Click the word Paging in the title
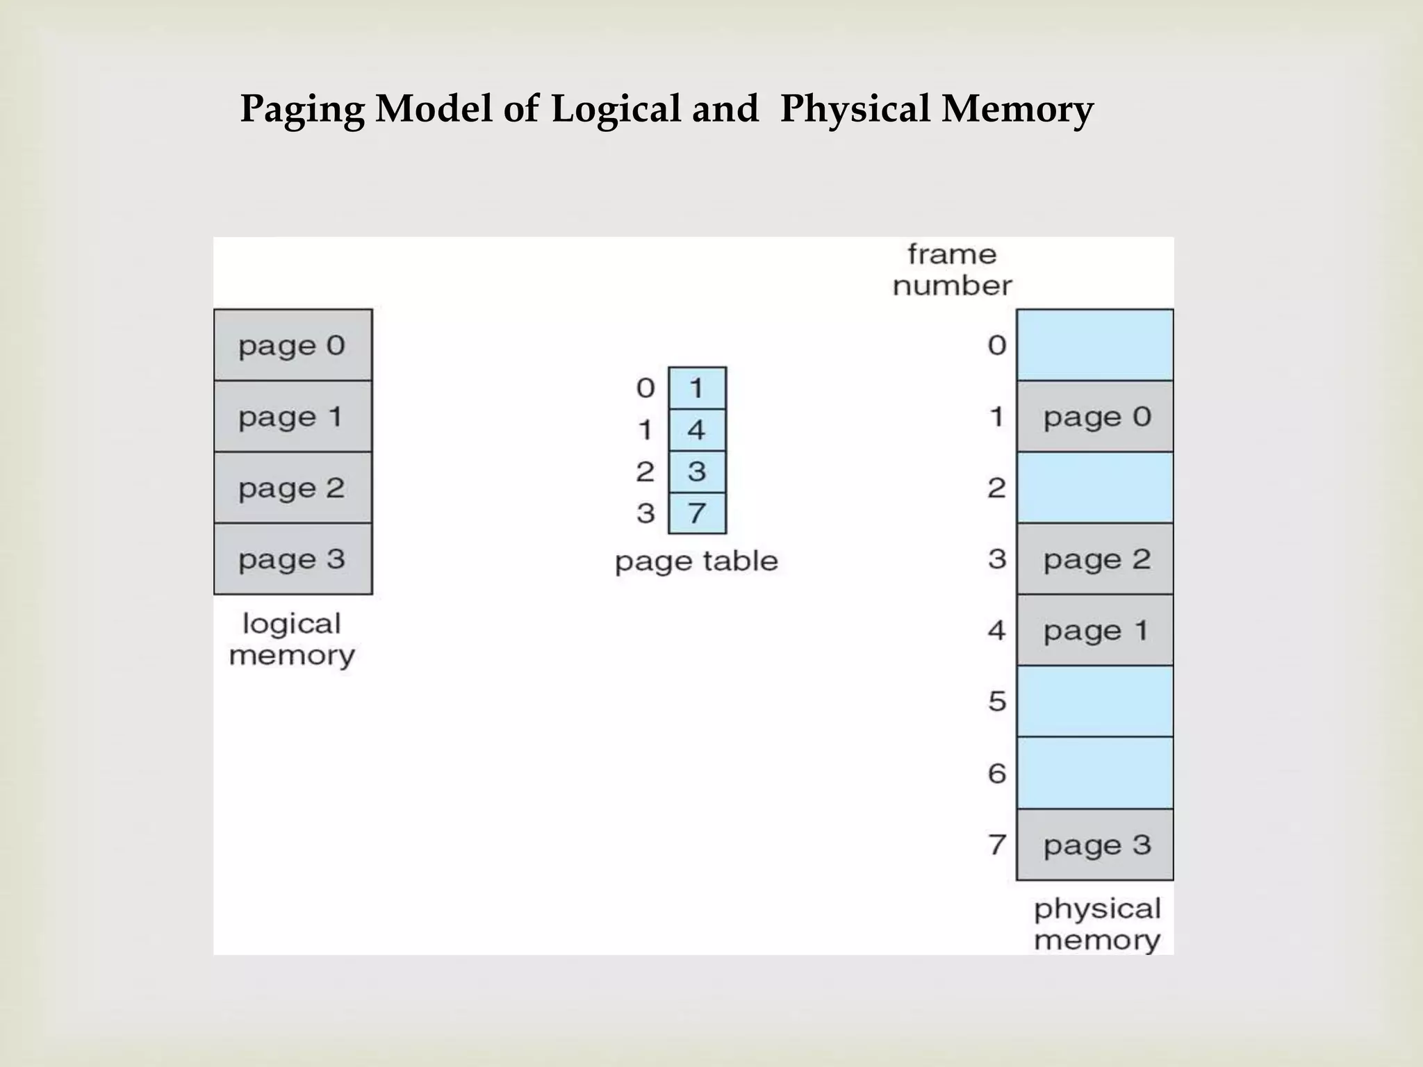(302, 110)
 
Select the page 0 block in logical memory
(293, 345)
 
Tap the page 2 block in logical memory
(293, 488)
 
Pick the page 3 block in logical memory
(293, 559)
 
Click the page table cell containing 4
(697, 430)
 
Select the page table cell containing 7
(697, 513)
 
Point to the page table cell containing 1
(697, 388)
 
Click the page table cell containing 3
(697, 472)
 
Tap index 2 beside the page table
(645, 472)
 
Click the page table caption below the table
(696, 561)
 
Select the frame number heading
(952, 270)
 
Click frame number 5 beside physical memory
(997, 702)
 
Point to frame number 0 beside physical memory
(997, 345)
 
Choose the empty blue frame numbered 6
(1095, 773)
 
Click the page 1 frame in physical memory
(1095, 631)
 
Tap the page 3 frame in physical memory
(1095, 845)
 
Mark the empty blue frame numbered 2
(1095, 488)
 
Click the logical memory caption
(292, 640)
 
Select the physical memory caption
(1096, 925)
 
